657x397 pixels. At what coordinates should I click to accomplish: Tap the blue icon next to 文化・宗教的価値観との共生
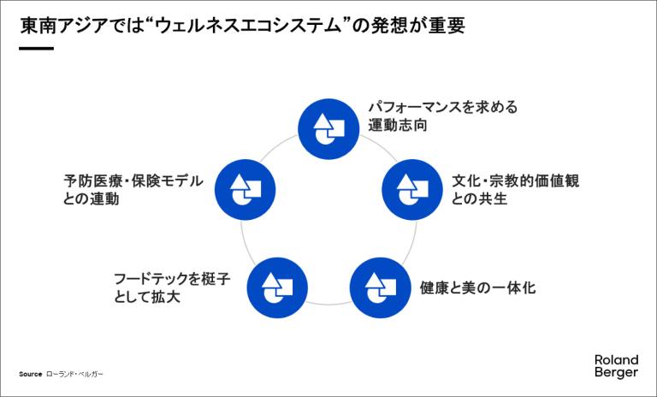pyautogui.click(x=411, y=187)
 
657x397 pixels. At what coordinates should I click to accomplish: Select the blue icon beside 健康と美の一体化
pyautogui.click(x=380, y=287)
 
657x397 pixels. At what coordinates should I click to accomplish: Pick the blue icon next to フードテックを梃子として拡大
pyautogui.click(x=276, y=287)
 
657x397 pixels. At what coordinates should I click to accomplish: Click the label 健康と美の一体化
pyautogui.click(x=478, y=287)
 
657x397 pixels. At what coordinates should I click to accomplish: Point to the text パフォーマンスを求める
pyautogui.click(x=443, y=109)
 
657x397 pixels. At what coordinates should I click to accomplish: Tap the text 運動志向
pyautogui.click(x=398, y=127)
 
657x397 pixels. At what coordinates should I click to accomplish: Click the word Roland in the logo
pyautogui.click(x=616, y=360)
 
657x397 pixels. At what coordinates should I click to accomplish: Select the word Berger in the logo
pyautogui.click(x=616, y=374)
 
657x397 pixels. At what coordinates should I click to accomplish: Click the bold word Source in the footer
pyautogui.click(x=30, y=375)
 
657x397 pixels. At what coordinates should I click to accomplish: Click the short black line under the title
pyautogui.click(x=36, y=48)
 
